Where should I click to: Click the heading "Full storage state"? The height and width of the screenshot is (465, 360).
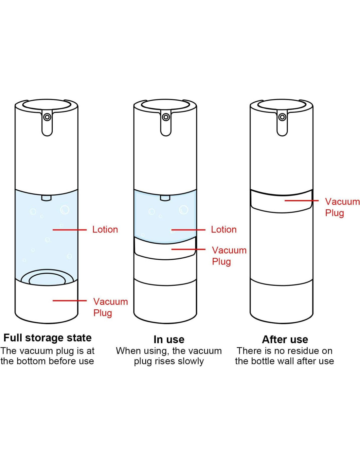pyautogui.click(x=47, y=338)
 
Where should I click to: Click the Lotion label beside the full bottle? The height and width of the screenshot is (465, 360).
pyautogui.click(x=105, y=230)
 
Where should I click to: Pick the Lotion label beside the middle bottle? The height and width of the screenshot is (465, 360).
pyautogui.click(x=224, y=230)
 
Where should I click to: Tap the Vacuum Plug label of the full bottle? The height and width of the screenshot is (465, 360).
pyautogui.click(x=111, y=307)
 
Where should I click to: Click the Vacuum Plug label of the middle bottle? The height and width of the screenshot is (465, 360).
pyautogui.click(x=229, y=256)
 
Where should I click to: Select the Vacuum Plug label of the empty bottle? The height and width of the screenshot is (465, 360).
pyautogui.click(x=342, y=207)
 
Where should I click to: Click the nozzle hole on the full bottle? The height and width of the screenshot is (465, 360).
pyautogui.click(x=47, y=117)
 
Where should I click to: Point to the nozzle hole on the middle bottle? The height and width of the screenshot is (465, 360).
pyautogui.click(x=166, y=117)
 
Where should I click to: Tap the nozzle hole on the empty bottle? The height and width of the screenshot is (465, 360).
pyautogui.click(x=282, y=117)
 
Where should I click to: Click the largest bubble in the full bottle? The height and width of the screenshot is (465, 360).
pyautogui.click(x=65, y=210)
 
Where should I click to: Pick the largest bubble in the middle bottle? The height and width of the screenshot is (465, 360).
pyautogui.click(x=184, y=210)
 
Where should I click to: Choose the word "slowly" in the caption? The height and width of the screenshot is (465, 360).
pyautogui.click(x=191, y=362)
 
